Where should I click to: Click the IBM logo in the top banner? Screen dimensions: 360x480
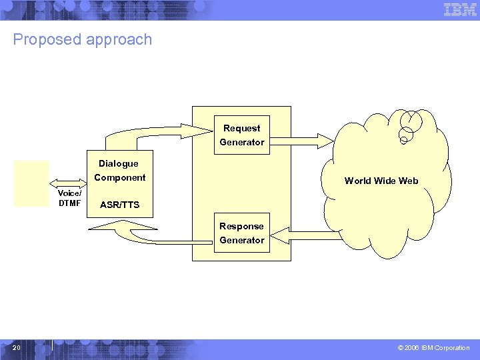point(460,10)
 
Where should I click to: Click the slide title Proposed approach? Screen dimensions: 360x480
point(83,39)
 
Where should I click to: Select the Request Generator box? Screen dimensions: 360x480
point(242,135)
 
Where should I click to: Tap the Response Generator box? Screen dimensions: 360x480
point(242,233)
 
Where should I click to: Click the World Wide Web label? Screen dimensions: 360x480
point(381,181)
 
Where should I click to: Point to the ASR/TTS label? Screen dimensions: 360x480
point(119,205)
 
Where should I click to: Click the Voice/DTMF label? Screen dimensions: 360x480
point(69,199)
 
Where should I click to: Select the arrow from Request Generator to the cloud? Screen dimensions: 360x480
point(301,141)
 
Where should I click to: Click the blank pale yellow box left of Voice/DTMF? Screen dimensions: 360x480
point(32,183)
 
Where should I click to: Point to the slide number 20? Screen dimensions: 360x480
point(17,347)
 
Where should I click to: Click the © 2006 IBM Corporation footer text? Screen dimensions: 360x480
point(433,348)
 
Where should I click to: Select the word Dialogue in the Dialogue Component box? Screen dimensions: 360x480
point(119,163)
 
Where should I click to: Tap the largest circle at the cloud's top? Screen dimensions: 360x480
point(411,120)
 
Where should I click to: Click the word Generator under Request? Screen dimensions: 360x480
point(242,142)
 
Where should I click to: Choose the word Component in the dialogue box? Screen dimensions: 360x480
point(120,177)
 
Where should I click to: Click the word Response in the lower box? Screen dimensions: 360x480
point(242,226)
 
